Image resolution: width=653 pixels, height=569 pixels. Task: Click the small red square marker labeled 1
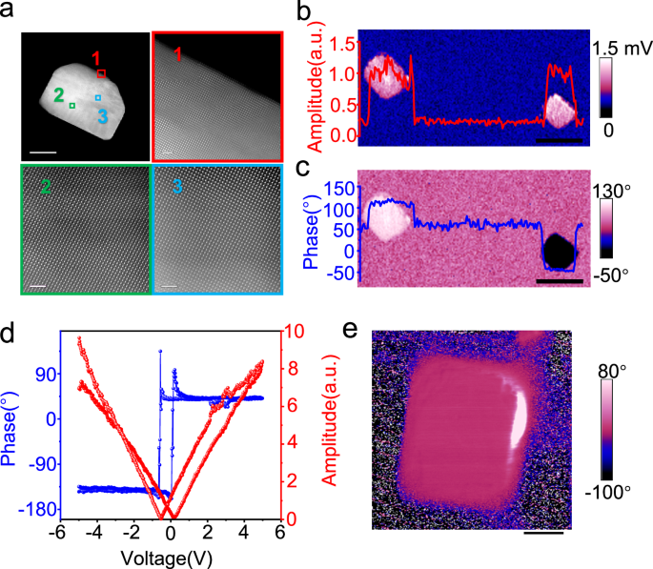(102, 71)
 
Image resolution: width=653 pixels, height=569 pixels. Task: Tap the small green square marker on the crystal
(71, 107)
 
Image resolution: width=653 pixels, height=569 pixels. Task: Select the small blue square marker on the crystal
(97, 97)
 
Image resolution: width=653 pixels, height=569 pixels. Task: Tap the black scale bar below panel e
(543, 532)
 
